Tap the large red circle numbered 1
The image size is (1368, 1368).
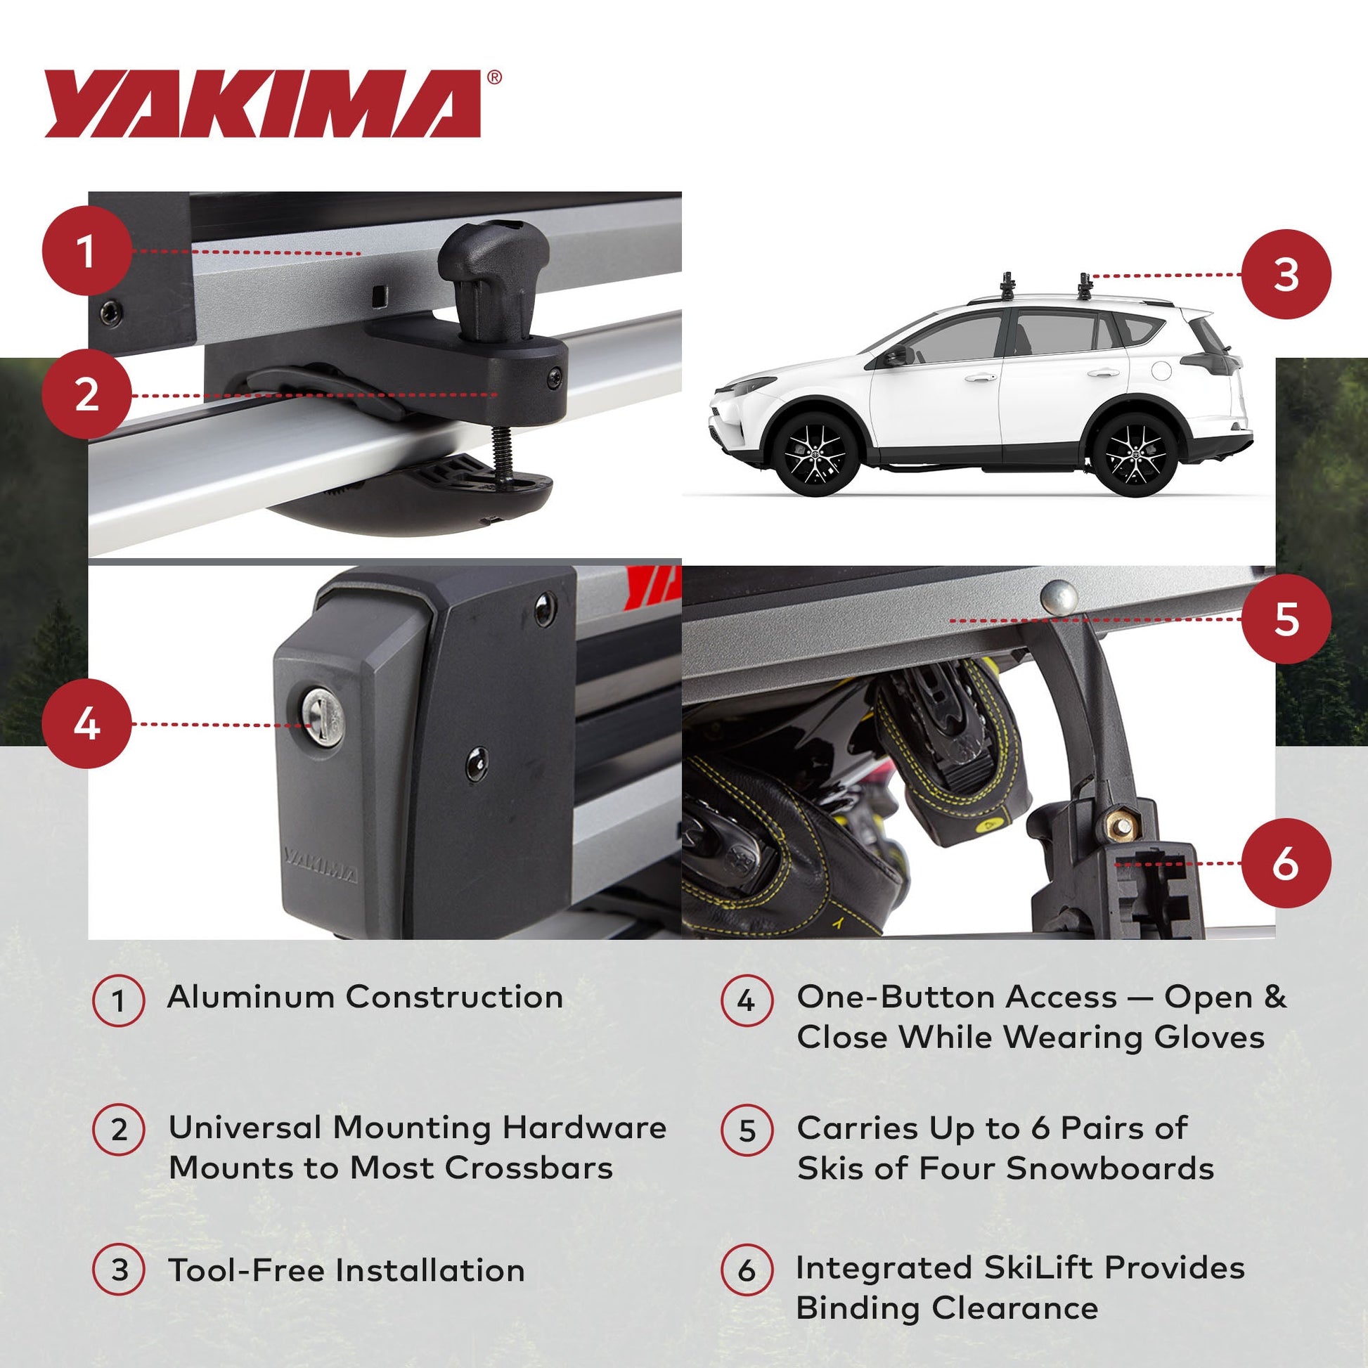(x=86, y=252)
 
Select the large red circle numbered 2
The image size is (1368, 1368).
(x=86, y=394)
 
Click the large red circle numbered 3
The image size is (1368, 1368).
(x=1286, y=274)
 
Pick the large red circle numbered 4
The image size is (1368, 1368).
(x=86, y=723)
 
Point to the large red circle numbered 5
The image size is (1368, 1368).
(x=1286, y=619)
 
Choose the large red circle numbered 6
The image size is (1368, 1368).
(x=1286, y=863)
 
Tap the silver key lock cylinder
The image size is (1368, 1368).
(x=323, y=717)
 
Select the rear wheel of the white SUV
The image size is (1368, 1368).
(x=1135, y=453)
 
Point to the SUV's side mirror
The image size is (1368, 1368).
(x=895, y=356)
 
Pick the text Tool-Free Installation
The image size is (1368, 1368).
(x=347, y=1270)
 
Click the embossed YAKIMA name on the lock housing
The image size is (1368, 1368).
(x=320, y=865)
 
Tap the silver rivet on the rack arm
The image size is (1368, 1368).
(x=1059, y=596)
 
